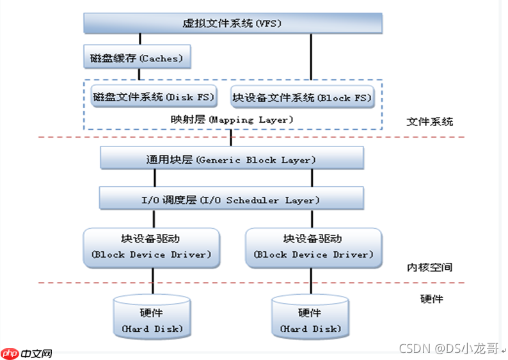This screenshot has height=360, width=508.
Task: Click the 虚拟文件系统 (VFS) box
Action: click(233, 24)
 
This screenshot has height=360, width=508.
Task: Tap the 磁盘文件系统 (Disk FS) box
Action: click(154, 97)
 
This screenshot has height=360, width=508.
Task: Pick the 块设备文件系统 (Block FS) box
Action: click(301, 97)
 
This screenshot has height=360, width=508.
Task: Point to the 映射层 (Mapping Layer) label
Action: click(232, 119)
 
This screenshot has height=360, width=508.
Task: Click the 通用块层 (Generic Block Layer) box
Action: click(232, 159)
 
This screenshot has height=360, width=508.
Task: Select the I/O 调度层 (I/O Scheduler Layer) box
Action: click(232, 200)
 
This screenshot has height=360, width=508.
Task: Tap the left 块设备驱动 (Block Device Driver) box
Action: click(152, 246)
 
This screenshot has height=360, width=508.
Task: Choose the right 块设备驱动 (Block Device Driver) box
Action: click(313, 246)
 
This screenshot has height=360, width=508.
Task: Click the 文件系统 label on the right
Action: click(430, 121)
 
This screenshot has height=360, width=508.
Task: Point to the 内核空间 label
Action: click(430, 267)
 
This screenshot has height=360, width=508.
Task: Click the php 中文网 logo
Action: click(26, 352)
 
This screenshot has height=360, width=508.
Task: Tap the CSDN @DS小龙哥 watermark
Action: click(448, 348)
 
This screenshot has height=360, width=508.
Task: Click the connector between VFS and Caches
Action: click(139, 39)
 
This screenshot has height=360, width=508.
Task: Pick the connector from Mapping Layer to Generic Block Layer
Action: click(232, 137)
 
